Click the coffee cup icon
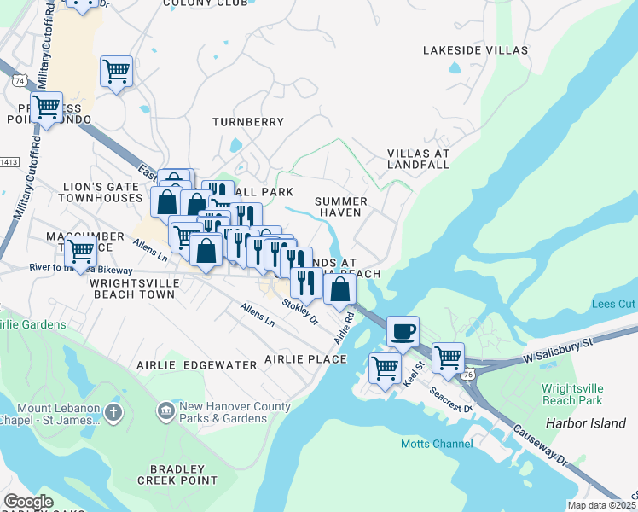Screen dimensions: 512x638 [403, 330]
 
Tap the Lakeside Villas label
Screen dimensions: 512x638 [475, 51]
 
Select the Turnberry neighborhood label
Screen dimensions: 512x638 [247, 123]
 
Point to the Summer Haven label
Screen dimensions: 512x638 [341, 207]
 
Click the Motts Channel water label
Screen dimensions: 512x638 [437, 444]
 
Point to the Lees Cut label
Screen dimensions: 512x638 [614, 305]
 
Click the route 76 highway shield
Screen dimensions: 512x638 [468, 374]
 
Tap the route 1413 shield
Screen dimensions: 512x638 [8, 161]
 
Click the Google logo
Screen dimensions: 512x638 [28, 502]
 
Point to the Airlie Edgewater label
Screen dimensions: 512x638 [197, 365]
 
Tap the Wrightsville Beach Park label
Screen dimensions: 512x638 [571, 393]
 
